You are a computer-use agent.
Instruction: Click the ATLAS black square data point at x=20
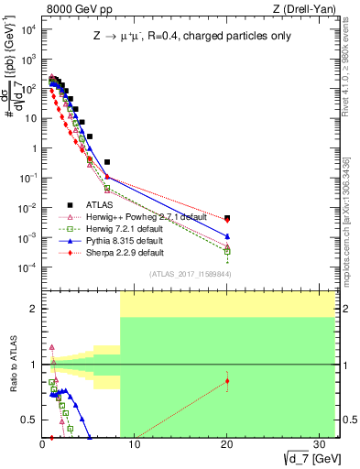click(x=227, y=218)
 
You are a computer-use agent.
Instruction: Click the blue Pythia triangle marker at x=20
click(x=227, y=236)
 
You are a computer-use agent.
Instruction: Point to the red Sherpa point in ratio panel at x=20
click(x=227, y=381)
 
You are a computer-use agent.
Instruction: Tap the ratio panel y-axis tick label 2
click(x=33, y=309)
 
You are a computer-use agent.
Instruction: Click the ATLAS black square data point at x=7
click(x=107, y=162)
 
